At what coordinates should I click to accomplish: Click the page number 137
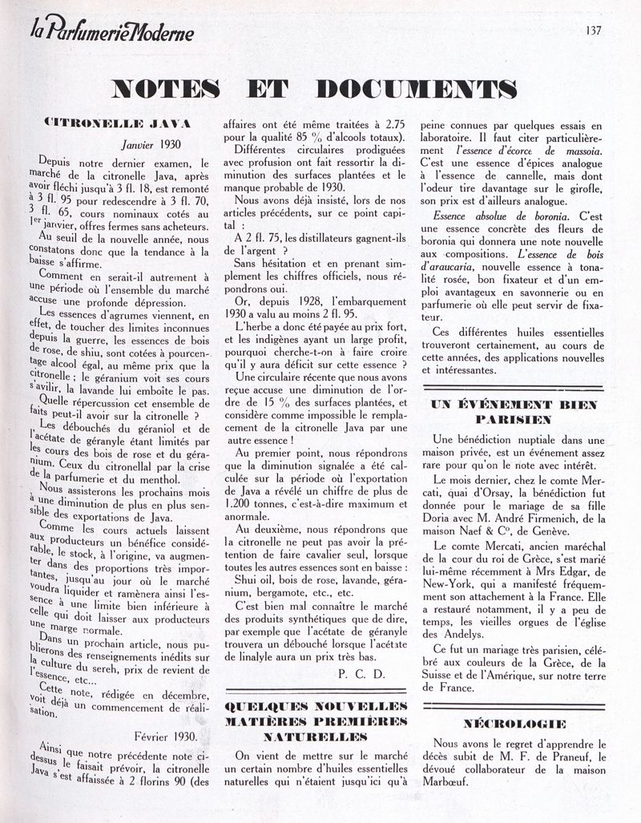(594, 31)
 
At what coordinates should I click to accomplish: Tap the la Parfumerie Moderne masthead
(123, 33)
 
